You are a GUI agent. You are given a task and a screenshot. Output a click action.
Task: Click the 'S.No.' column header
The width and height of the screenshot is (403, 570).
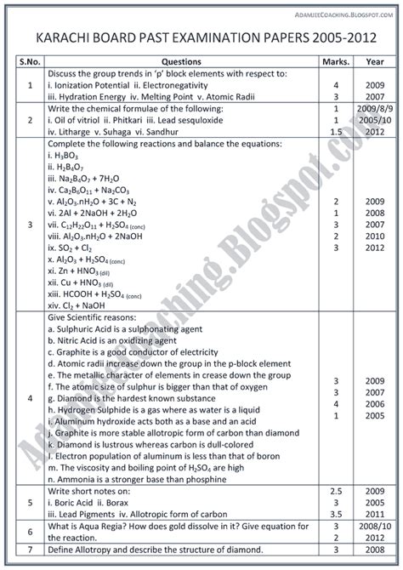click(x=31, y=61)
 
